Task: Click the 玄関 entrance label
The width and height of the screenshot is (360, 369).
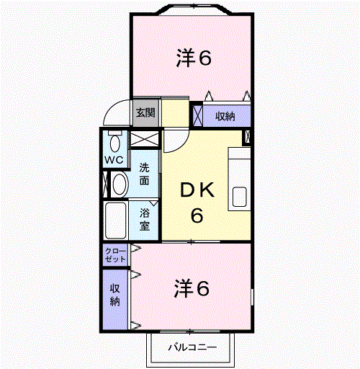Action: (145, 112)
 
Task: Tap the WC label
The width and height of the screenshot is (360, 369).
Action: (114, 160)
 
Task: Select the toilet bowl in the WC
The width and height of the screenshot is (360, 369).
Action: (115, 143)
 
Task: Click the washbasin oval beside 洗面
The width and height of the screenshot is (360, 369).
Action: (120, 184)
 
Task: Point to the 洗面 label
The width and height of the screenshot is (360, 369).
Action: (145, 174)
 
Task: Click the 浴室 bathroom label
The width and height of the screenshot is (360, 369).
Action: (145, 219)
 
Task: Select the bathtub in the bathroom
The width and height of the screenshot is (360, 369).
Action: (116, 221)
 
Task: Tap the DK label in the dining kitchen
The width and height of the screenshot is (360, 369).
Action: (197, 190)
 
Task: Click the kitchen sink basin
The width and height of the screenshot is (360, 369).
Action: (240, 197)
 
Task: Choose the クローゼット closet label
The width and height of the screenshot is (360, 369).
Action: (115, 255)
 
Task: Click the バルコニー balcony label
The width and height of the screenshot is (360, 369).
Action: (192, 347)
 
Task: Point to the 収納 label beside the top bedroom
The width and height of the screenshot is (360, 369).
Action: (225, 116)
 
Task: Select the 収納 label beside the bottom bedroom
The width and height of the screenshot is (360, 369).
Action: (115, 295)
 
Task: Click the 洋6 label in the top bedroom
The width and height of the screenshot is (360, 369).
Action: (194, 58)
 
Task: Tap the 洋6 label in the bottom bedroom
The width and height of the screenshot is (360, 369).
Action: (192, 288)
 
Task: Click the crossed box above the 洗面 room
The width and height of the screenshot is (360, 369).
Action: (145, 139)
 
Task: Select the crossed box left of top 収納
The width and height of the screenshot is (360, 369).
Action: (198, 115)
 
